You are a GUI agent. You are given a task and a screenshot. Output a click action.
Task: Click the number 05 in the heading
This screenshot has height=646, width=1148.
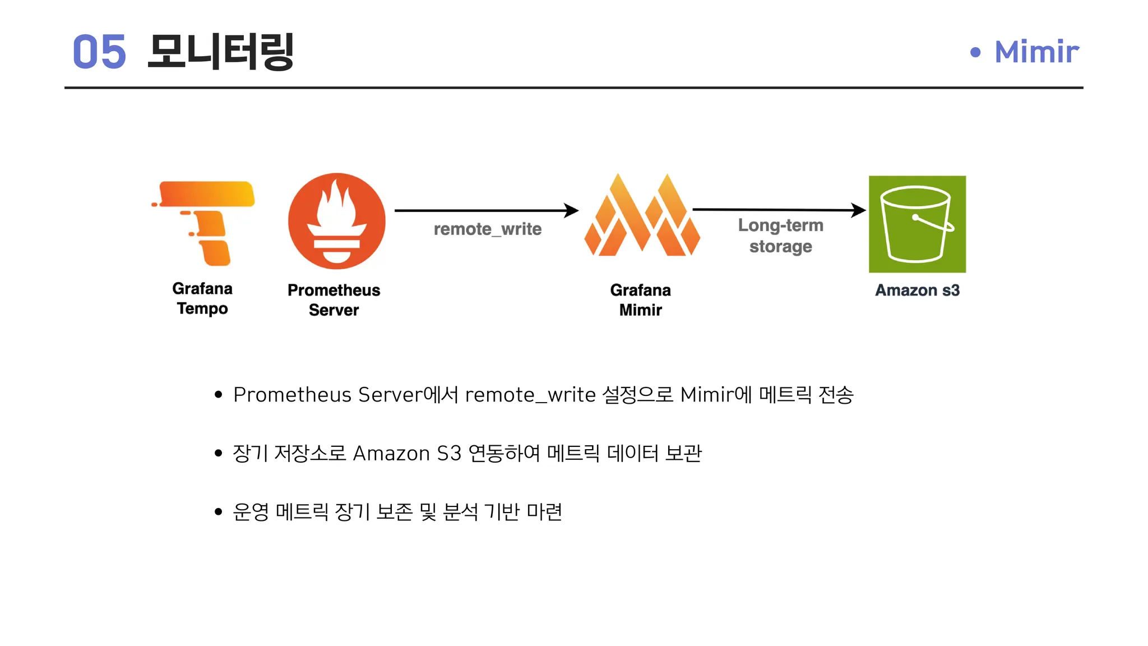(99, 52)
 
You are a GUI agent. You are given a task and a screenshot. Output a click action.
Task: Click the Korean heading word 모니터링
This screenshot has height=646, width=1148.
(221, 52)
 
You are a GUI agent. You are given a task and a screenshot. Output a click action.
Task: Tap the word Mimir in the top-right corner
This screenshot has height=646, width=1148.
(1036, 52)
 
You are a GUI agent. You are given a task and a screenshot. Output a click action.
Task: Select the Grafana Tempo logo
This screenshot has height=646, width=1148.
(203, 223)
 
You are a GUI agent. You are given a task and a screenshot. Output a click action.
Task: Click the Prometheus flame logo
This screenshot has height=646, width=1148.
(337, 221)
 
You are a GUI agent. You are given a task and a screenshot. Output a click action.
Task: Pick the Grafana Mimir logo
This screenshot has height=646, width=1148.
(642, 215)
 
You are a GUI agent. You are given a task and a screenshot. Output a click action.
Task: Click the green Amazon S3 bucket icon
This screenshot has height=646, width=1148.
(917, 224)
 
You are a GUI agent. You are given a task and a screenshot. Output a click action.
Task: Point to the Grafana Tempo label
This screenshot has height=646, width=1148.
(202, 298)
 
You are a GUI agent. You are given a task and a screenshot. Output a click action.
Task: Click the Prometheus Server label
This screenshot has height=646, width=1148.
(334, 300)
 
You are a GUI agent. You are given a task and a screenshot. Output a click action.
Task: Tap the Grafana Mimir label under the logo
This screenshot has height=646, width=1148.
(641, 300)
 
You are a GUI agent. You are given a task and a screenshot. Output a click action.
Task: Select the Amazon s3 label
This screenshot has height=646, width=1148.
(918, 290)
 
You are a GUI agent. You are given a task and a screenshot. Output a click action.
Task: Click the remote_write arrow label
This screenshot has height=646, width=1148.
(488, 229)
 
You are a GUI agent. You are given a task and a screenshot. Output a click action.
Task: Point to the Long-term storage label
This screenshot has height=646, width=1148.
(781, 236)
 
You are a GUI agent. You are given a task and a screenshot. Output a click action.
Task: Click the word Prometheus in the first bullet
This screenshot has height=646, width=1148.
(293, 395)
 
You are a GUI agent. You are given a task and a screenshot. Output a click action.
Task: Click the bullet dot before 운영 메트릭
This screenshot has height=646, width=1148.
(219, 511)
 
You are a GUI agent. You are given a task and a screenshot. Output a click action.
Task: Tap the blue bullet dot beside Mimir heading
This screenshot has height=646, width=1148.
(975, 52)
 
